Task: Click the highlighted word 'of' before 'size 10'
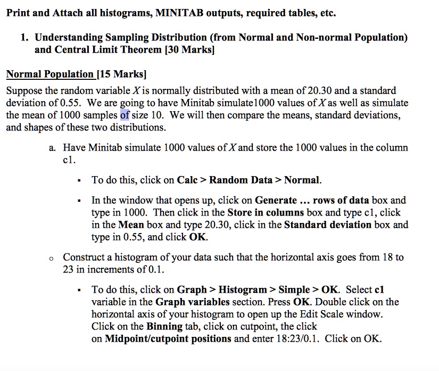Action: point(125,115)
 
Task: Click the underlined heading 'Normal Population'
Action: point(49,74)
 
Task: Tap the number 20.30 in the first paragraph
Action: point(329,90)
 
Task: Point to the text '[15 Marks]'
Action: point(121,74)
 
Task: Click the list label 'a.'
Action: point(52,147)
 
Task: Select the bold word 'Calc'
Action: point(188,180)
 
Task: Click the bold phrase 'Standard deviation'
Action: point(328,225)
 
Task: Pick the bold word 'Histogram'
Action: point(242,290)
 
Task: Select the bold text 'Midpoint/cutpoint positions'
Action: point(168,339)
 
